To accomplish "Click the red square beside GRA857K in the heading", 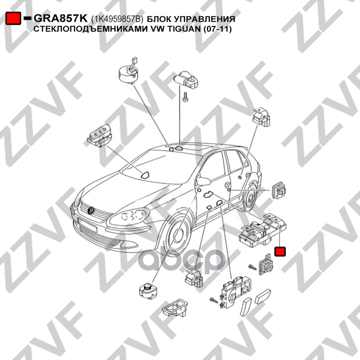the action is pyautogui.click(x=13, y=18).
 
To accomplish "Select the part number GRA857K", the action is pyautogui.click(x=61, y=19).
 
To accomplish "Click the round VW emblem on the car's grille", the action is pyautogui.click(x=92, y=210).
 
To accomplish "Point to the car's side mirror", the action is pyautogui.click(x=205, y=181).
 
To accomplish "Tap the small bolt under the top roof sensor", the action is pyautogui.click(x=184, y=97).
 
